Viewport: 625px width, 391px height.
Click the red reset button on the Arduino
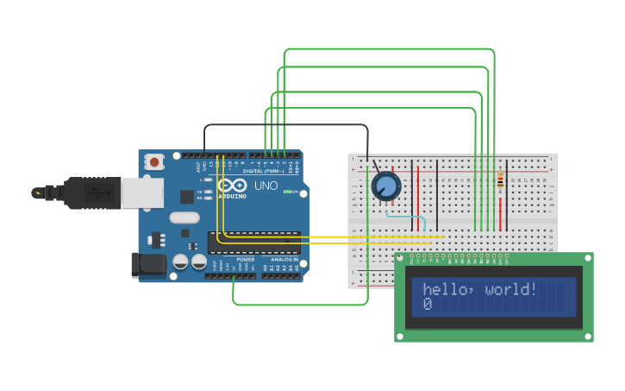(154, 161)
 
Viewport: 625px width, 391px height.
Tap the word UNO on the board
(266, 186)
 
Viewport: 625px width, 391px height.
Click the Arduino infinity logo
(232, 185)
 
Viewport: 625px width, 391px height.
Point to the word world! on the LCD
(511, 289)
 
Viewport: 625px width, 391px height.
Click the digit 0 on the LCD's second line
(428, 305)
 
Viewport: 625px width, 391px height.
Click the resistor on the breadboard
(500, 180)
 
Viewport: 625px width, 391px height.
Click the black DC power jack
(147, 265)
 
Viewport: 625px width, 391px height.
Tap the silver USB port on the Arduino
(141, 192)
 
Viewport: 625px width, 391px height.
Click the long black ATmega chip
(253, 243)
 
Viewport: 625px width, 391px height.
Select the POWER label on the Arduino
(246, 259)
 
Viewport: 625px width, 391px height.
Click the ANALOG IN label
(284, 259)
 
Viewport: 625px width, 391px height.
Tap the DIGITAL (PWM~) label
(266, 170)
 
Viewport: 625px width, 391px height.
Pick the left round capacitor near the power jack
(180, 261)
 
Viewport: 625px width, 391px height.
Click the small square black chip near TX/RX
(187, 196)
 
